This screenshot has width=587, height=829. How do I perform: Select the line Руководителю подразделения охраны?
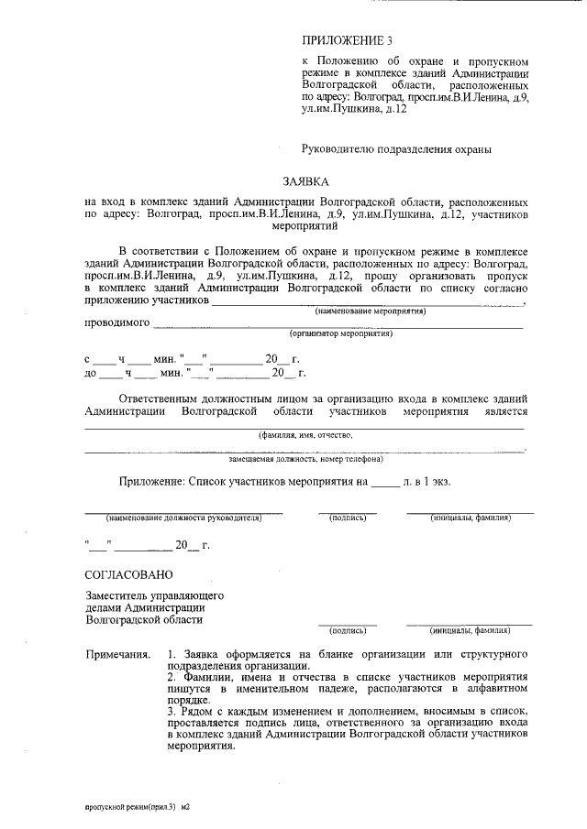397,147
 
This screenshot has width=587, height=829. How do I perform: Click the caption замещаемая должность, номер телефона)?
305,458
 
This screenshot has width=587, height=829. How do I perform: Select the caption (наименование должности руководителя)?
183,518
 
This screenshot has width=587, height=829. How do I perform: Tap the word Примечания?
117,656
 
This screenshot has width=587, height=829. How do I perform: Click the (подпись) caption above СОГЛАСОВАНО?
348,518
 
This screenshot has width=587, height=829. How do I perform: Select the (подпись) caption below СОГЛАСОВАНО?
348,631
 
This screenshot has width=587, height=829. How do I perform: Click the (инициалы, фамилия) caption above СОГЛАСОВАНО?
471,518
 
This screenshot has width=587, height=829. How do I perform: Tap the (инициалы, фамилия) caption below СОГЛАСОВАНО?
470,631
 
